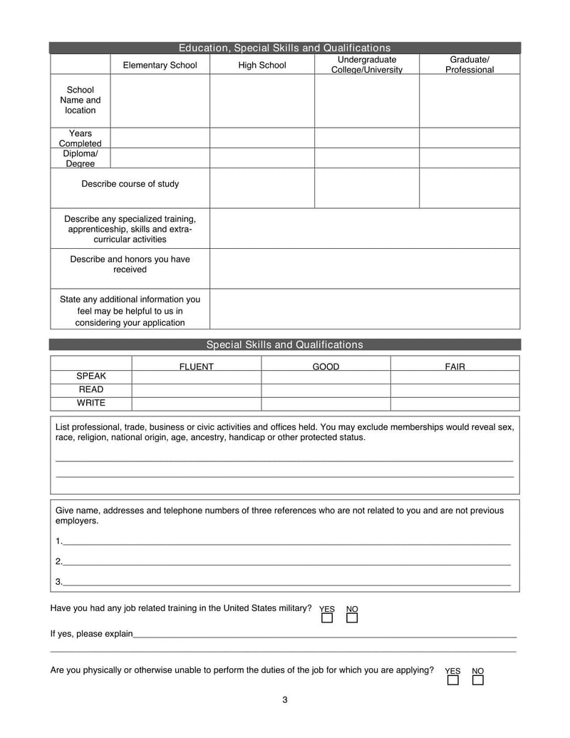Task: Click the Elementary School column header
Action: (160, 65)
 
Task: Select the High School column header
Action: (261, 65)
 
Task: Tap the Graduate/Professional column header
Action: (469, 65)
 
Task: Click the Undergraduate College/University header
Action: (366, 65)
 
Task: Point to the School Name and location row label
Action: (80, 101)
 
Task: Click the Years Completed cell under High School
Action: (261, 138)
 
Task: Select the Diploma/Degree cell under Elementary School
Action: (160, 158)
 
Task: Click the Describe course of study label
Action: (130, 184)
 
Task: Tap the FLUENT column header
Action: (196, 367)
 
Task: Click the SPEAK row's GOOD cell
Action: (326, 376)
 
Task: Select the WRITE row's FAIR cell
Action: (455, 404)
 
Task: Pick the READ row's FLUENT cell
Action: (196, 390)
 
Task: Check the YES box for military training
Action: (327, 618)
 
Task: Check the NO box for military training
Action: (352, 618)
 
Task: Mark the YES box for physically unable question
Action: (452, 680)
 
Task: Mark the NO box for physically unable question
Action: (478, 680)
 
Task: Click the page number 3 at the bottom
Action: (284, 699)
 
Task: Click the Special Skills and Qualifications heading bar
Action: (284, 344)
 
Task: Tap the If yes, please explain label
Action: (91, 633)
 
